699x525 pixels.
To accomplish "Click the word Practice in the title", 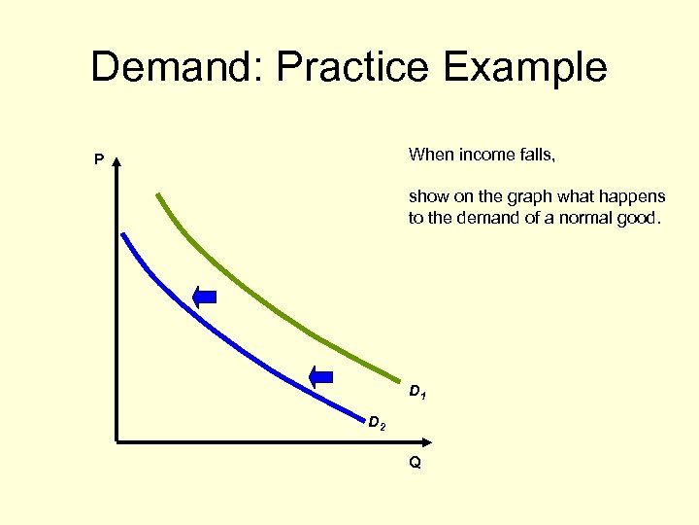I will (x=352, y=68).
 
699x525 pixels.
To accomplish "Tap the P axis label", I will (x=98, y=159).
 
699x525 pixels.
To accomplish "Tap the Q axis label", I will (x=415, y=463).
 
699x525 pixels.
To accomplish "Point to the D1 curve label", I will (x=417, y=393).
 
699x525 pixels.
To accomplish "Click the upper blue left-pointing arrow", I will (x=205, y=297).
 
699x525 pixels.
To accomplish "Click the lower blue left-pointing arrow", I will (x=320, y=374).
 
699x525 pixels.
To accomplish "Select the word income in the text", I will (x=479, y=154).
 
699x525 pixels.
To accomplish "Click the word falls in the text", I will (x=529, y=154).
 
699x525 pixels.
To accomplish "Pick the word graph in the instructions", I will (x=525, y=196).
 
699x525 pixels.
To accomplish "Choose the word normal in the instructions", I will (x=586, y=218).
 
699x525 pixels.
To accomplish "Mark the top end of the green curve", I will (x=157, y=194).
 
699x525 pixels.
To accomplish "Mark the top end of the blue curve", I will (x=122, y=233).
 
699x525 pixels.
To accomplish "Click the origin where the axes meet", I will (x=116, y=442).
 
